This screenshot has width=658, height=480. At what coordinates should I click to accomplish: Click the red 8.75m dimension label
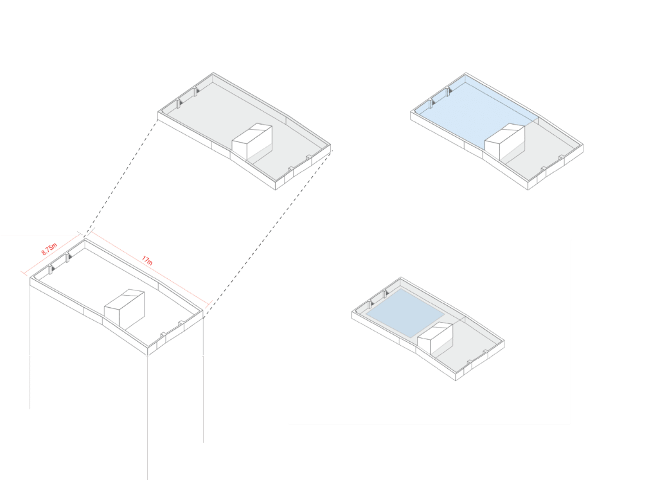click(49, 249)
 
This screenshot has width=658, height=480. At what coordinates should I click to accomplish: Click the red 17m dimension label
click(147, 260)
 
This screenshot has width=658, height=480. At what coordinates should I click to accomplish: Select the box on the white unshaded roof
click(124, 308)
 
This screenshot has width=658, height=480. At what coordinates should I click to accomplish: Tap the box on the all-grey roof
click(252, 142)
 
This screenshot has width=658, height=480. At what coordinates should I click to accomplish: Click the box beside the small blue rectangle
click(435, 338)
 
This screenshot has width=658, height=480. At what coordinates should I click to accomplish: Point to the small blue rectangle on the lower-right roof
click(405, 312)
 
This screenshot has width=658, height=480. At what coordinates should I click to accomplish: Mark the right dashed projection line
click(268, 231)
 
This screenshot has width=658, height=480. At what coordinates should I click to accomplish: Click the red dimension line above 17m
click(149, 267)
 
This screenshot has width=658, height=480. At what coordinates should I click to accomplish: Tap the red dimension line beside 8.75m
click(51, 253)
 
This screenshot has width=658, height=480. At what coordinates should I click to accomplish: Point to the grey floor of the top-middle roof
click(235, 118)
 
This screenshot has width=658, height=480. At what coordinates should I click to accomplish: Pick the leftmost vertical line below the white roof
click(30, 343)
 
